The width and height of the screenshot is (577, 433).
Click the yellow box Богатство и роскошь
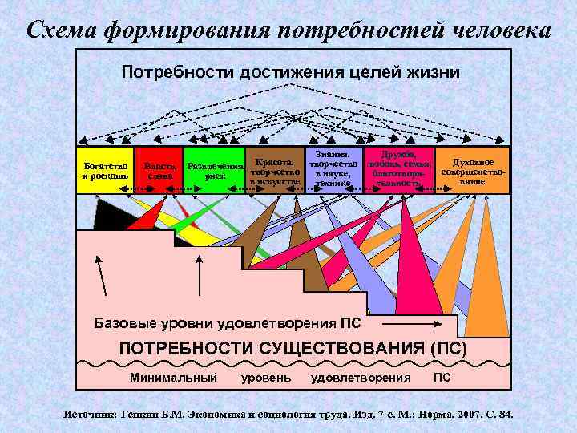pos(104,171)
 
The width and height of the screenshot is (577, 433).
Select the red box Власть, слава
pos(158,171)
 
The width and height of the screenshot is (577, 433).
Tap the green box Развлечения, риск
pos(214,171)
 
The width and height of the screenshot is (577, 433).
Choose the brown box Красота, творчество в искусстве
pos(275,171)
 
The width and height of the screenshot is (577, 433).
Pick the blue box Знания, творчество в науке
pos(333,168)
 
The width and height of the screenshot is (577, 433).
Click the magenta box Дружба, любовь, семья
pos(398,168)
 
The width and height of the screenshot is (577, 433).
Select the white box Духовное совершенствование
pos(472,169)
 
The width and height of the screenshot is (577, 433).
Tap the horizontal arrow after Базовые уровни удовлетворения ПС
pos(409,324)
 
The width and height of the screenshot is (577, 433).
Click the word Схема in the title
pos(63,30)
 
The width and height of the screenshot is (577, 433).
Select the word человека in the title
pos(497,30)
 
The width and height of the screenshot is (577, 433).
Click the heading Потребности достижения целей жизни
pos(290,72)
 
